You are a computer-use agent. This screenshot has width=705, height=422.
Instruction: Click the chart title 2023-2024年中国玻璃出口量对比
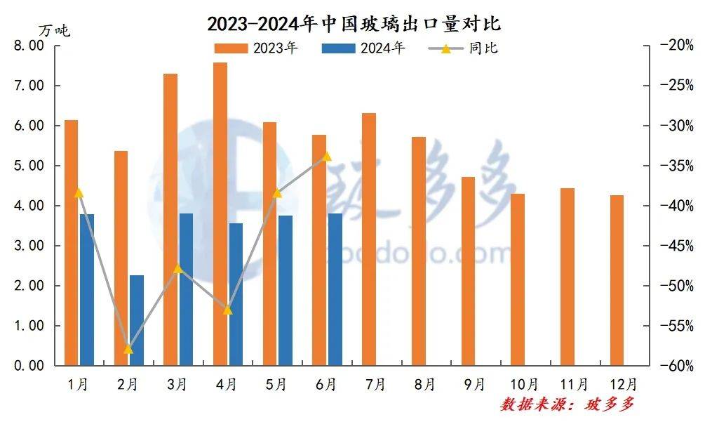click(353, 24)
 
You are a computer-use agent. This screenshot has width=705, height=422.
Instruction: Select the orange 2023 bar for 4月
click(220, 214)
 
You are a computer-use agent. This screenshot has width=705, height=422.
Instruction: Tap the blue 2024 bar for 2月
click(136, 320)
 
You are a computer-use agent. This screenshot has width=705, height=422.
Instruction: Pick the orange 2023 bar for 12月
click(617, 280)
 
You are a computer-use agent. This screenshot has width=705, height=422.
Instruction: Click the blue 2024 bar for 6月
click(335, 289)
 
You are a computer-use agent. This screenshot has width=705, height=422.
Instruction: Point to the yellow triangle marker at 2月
click(128, 349)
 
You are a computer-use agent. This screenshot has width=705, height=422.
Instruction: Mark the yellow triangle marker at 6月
click(327, 156)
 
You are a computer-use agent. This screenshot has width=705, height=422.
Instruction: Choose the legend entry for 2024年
click(364, 48)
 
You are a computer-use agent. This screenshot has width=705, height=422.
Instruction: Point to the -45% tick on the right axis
click(676, 246)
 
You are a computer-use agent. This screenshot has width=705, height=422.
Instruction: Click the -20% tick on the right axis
click(676, 46)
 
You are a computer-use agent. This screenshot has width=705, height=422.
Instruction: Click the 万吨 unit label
click(54, 30)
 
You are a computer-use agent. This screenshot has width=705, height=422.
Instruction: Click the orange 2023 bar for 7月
click(369, 239)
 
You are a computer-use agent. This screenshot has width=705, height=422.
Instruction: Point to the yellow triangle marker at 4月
click(227, 309)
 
